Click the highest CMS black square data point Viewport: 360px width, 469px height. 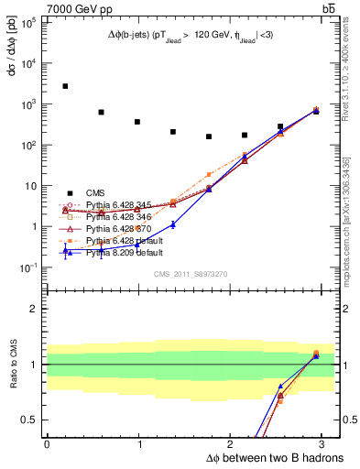tap(65, 86)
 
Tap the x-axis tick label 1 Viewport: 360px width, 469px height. tap(139, 442)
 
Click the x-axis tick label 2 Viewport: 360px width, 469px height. tap(232, 442)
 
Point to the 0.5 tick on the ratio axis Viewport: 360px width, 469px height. tap(28, 420)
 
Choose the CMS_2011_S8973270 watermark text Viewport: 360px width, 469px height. tap(190, 273)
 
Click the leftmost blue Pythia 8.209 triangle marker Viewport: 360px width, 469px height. tap(65, 250)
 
